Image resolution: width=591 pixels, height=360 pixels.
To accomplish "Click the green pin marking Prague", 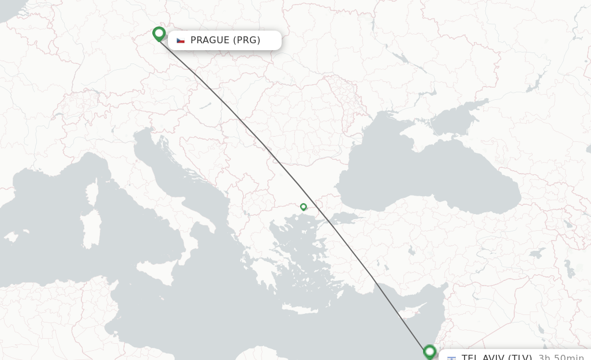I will (159, 33).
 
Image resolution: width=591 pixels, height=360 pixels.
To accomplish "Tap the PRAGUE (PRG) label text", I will (225, 40).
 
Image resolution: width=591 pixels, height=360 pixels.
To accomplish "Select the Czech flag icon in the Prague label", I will (181, 40).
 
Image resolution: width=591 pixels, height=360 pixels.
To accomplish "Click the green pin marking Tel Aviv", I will (429, 351).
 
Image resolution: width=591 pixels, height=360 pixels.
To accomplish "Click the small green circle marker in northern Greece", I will (303, 207).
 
